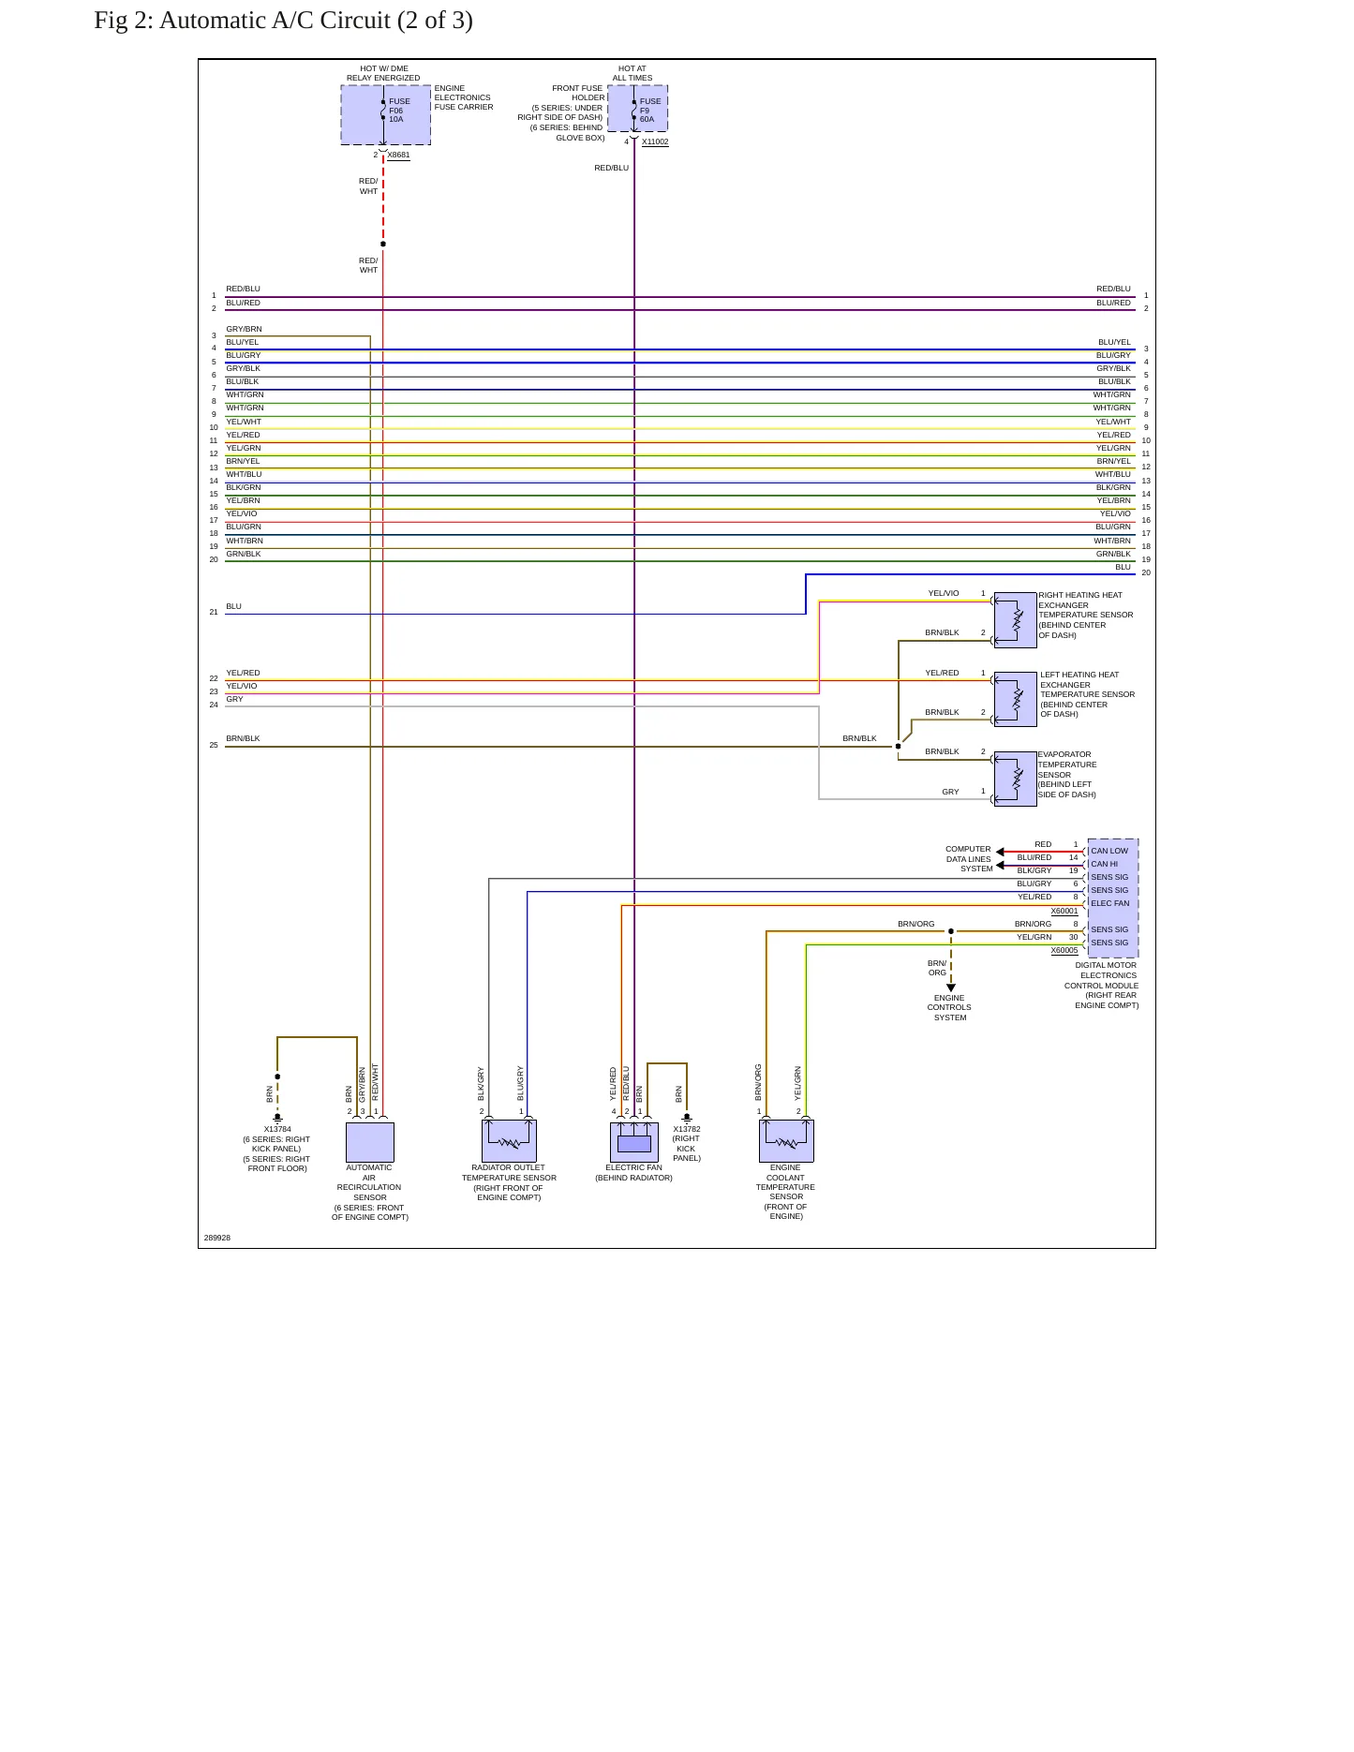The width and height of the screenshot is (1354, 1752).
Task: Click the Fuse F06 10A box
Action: point(385,115)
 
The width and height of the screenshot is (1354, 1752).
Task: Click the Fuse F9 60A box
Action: point(637,109)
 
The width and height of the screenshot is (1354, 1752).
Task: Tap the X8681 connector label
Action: point(398,155)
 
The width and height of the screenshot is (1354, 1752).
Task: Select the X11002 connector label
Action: point(655,141)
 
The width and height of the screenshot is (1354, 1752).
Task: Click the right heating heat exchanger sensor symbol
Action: point(1015,620)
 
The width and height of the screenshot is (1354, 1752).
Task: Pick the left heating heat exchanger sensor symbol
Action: point(1015,699)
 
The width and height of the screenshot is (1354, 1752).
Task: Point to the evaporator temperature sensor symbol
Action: point(1015,779)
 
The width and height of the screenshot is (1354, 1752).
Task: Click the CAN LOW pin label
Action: point(1109,851)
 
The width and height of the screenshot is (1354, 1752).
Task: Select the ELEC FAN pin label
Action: point(1110,903)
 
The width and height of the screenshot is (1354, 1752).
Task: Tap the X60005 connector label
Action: point(1064,950)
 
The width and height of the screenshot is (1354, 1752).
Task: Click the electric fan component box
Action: point(634,1142)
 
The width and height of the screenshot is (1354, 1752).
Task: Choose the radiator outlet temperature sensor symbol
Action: point(509,1141)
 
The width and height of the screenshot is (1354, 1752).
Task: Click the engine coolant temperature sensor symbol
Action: point(786,1141)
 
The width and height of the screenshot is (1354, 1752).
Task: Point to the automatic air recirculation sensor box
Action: point(370,1142)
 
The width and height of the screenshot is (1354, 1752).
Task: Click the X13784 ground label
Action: point(277,1129)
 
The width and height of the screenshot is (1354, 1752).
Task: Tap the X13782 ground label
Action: point(687,1129)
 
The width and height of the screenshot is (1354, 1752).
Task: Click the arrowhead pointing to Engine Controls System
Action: point(951,987)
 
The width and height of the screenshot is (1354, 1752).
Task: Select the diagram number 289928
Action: point(217,1238)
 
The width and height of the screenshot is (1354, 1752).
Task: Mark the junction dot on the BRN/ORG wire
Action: point(951,931)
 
